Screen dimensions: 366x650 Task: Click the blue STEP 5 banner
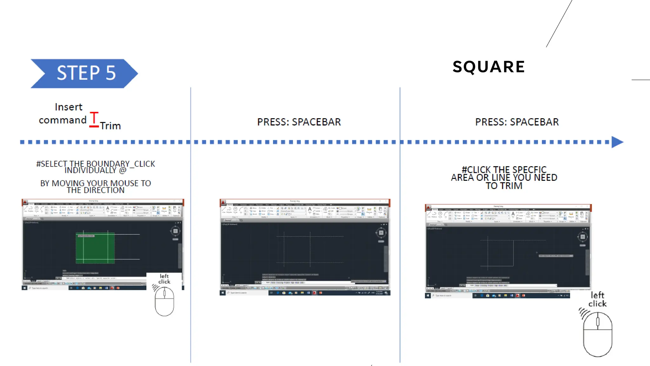pos(84,73)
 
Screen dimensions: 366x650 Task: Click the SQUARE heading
pos(489,67)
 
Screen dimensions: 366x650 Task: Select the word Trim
pos(110,126)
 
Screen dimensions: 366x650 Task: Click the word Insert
pos(69,107)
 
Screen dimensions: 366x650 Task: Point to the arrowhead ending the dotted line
pos(617,142)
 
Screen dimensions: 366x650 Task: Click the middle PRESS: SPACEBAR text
pos(299,122)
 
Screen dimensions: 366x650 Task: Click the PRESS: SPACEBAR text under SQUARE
pos(517,122)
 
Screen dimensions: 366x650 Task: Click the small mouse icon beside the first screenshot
pos(164,301)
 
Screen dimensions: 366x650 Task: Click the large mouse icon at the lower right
pos(598,334)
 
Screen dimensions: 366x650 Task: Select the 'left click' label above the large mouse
pos(597,300)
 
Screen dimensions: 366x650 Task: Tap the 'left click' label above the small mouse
pos(164,279)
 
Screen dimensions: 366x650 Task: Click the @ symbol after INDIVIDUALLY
pos(123,171)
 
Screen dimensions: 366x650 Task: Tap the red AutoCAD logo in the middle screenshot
pos(223,202)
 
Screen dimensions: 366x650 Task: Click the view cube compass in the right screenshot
pos(582,237)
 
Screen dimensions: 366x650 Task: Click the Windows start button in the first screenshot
pos(24,288)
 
